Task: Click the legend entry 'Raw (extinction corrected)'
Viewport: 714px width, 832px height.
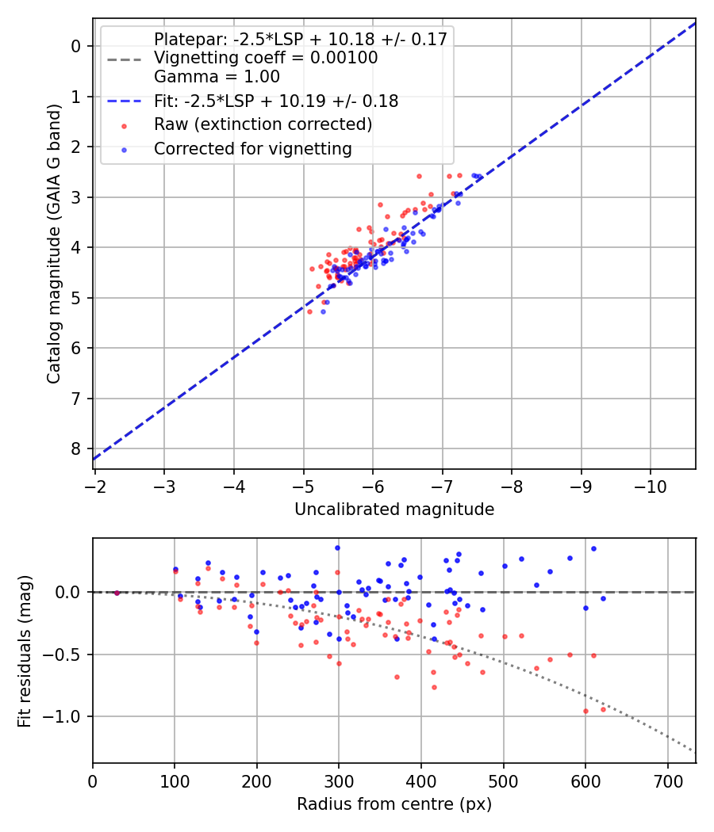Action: pyautogui.click(x=263, y=124)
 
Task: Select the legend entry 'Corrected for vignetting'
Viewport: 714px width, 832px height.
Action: pyautogui.click(x=252, y=148)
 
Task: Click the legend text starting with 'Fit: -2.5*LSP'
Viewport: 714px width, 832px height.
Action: pyautogui.click(x=276, y=101)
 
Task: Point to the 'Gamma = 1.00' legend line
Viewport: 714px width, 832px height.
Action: pyautogui.click(x=217, y=77)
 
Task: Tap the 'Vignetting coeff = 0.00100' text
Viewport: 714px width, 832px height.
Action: pyautogui.click(x=266, y=58)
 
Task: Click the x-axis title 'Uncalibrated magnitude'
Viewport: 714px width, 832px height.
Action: pyautogui.click(x=394, y=510)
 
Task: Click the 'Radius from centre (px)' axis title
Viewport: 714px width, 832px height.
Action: pyautogui.click(x=394, y=804)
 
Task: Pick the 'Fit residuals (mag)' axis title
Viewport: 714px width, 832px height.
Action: pyautogui.click(x=25, y=651)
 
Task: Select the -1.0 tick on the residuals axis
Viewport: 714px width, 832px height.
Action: pyautogui.click(x=67, y=716)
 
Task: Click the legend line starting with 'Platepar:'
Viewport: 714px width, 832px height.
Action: pyautogui.click(x=300, y=39)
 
